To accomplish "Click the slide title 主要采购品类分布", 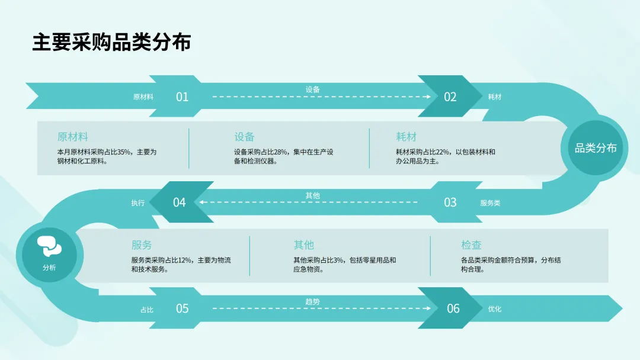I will click(x=111, y=43).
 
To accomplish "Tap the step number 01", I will click(x=182, y=97).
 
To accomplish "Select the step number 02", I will click(x=450, y=97).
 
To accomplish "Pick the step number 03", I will click(x=450, y=202).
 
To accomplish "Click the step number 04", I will click(x=179, y=202).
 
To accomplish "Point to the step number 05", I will click(x=182, y=308).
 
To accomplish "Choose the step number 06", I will click(x=453, y=308).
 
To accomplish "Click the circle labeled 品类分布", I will click(x=596, y=148).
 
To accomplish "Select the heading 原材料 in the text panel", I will click(x=73, y=137).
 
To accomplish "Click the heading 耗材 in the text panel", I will click(x=406, y=137).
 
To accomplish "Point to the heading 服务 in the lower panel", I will click(x=142, y=245).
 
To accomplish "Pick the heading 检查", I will click(x=471, y=245).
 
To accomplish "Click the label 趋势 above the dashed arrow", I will click(x=312, y=302).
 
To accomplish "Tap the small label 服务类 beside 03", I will click(x=490, y=203).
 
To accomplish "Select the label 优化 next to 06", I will click(x=494, y=309).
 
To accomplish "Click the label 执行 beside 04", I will click(x=137, y=203).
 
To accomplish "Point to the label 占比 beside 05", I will click(x=146, y=309).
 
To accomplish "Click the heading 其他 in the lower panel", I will click(x=303, y=245).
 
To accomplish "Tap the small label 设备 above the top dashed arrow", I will click(x=312, y=89).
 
